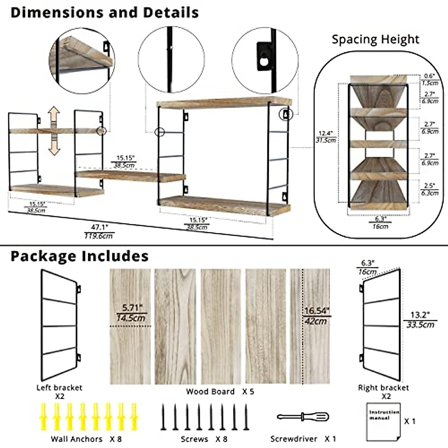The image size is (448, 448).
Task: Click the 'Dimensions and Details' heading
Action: click(105, 12)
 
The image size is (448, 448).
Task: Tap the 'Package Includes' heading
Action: click(80, 256)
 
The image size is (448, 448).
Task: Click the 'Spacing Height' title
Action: click(376, 39)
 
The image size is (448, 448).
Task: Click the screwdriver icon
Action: click(303, 416)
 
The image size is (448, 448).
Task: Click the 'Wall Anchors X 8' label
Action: click(86, 439)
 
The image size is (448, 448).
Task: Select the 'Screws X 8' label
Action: click(203, 439)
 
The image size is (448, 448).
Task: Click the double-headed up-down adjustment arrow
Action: click(55, 131)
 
